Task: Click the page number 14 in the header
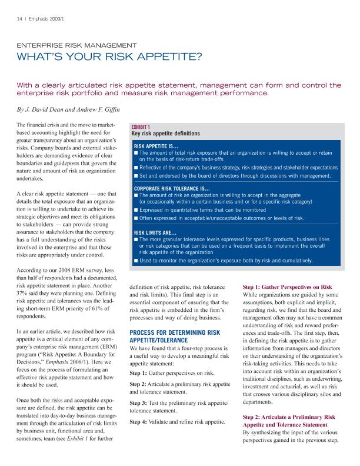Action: coord(19,18)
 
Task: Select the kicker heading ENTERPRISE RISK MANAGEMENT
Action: coord(76,45)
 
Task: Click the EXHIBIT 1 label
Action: coord(141,127)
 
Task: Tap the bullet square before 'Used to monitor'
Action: coord(136,260)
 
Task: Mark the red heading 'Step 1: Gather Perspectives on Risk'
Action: coord(288,287)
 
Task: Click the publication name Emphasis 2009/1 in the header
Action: coord(43,18)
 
